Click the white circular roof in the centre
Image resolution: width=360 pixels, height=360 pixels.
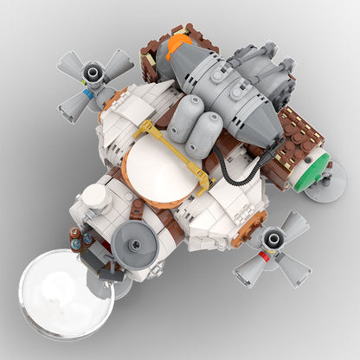tap(162, 170)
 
